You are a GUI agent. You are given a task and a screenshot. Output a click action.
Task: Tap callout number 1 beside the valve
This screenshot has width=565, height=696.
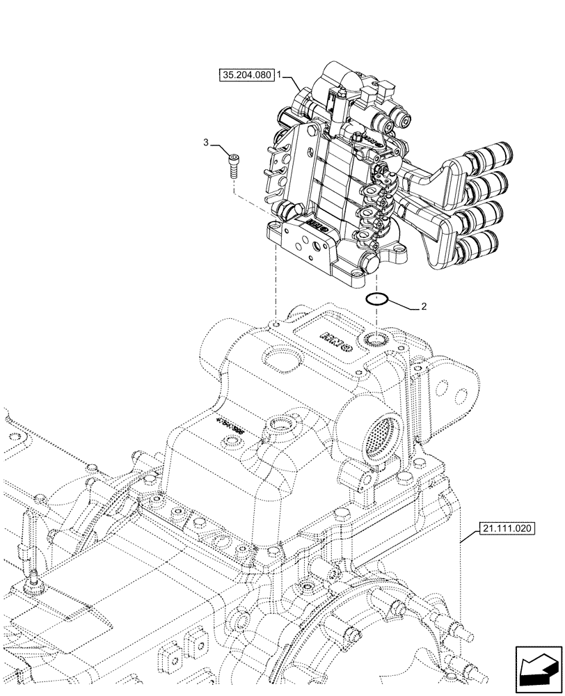click(279, 73)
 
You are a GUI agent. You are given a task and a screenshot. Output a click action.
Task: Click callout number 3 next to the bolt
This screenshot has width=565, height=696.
click(206, 143)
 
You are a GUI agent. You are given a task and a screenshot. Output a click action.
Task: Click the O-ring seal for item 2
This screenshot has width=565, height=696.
click(377, 299)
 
